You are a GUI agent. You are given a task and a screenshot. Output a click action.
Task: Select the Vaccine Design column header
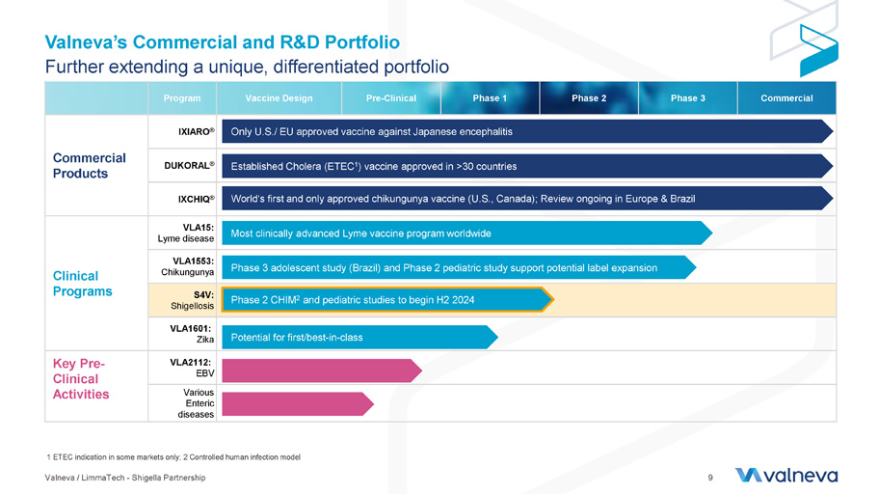click(x=279, y=98)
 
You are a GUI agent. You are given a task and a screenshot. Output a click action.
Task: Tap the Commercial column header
click(x=786, y=98)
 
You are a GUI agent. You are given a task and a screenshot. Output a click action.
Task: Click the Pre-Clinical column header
click(x=391, y=98)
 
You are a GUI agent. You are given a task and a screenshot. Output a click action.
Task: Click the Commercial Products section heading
click(x=89, y=165)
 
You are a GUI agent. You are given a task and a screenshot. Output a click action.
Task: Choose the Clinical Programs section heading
click(x=82, y=283)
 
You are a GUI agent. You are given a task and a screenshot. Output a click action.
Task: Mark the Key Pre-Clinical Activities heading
click(x=81, y=378)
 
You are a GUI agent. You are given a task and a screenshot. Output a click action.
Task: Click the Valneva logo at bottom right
click(x=785, y=475)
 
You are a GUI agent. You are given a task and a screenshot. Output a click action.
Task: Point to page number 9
click(x=710, y=477)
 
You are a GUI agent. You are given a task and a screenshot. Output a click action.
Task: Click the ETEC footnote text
click(x=173, y=456)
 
